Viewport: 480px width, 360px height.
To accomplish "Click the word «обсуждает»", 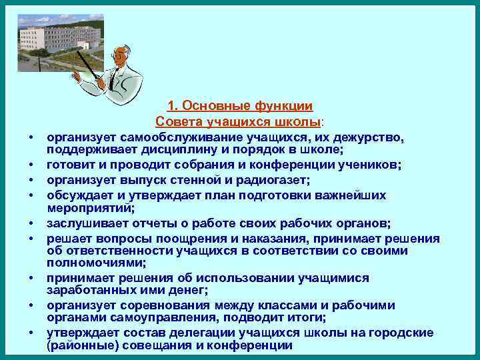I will click(79, 195).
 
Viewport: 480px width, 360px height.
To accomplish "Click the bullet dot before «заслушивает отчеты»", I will click(31, 223).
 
